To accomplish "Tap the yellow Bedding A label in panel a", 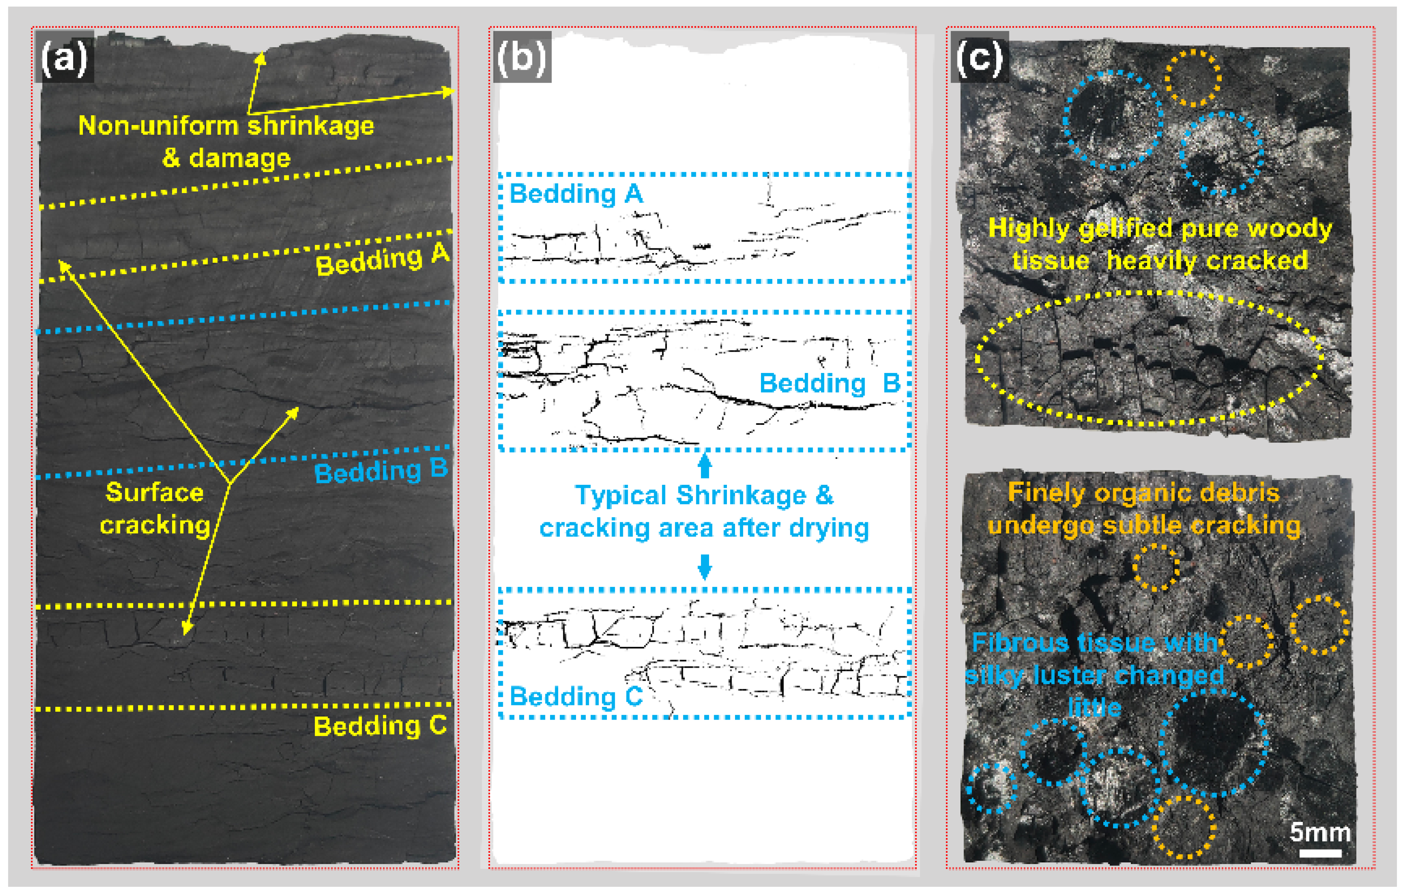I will [x=383, y=260].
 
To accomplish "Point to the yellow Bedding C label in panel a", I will [x=380, y=726].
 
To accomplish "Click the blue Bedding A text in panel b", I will [x=576, y=194].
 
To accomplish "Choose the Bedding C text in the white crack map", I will [x=576, y=696].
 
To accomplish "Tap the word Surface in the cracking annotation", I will [x=155, y=492].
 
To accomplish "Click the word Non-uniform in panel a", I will [x=159, y=126].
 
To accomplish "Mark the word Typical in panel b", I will [x=621, y=496].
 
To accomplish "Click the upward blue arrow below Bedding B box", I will [x=705, y=466].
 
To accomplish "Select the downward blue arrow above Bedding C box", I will [x=705, y=566].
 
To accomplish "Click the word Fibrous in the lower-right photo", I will [x=1020, y=643].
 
